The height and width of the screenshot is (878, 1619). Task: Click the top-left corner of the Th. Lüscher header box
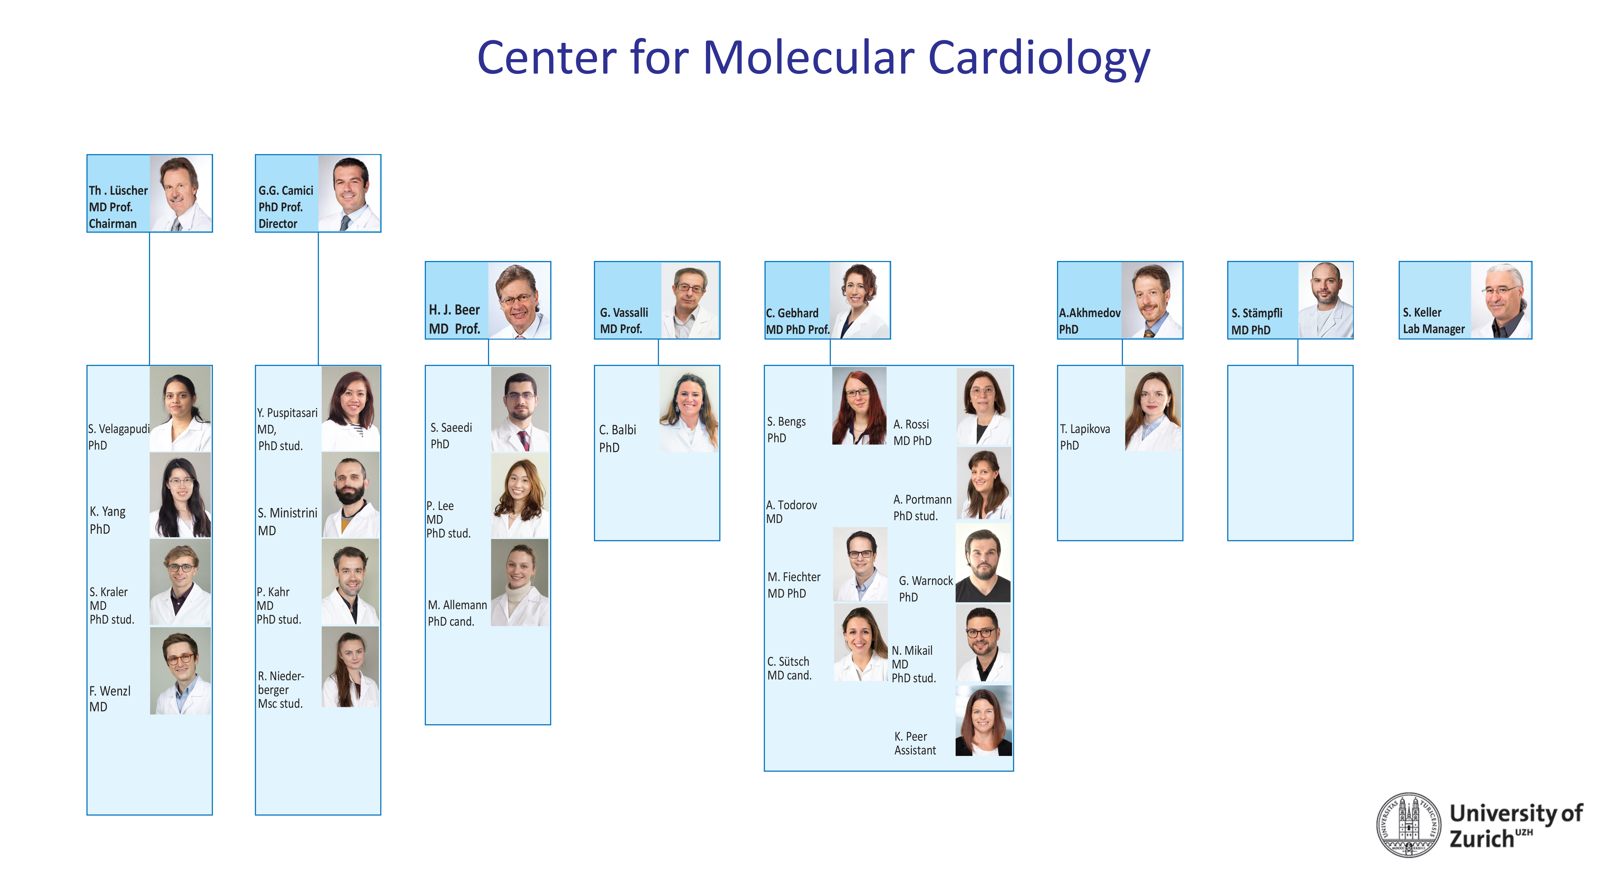[87, 155]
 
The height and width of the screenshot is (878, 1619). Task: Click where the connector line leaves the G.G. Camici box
[318, 232]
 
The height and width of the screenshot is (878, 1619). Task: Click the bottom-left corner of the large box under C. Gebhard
[764, 770]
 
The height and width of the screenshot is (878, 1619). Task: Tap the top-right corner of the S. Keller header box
[1532, 261]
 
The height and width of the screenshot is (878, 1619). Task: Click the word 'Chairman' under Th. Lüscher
[112, 224]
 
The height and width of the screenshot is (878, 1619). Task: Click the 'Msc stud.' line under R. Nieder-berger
[280, 704]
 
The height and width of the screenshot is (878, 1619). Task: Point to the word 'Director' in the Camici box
[278, 224]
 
